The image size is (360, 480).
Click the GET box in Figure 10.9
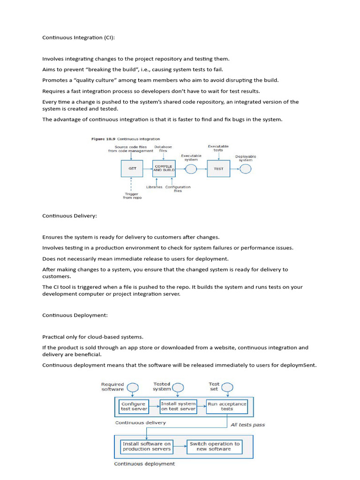132,168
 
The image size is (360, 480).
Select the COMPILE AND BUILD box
164,168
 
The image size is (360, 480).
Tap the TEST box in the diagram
218,168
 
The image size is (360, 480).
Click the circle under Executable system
191,168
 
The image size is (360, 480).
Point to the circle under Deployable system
246,168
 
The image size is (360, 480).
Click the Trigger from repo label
132,196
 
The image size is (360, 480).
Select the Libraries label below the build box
154,187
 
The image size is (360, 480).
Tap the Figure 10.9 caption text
125,139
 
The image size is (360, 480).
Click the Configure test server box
134,406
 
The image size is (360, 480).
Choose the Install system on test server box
178,406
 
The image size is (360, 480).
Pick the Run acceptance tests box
227,406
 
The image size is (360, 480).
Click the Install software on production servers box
147,446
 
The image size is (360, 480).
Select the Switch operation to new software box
214,446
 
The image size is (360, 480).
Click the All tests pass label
247,425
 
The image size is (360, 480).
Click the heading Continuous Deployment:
75,315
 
